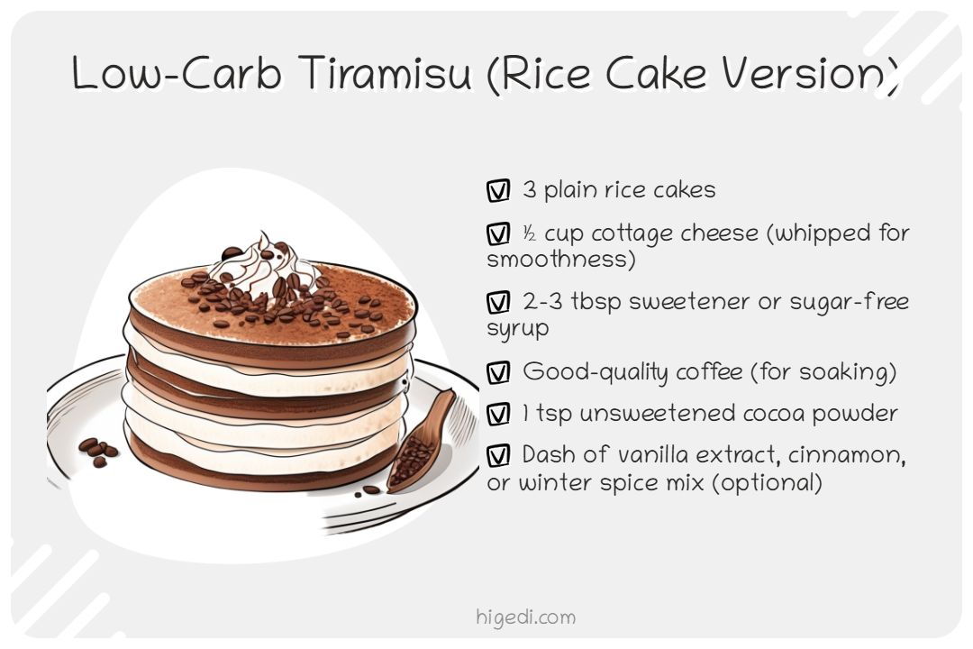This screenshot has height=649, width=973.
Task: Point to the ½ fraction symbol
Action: tap(530, 234)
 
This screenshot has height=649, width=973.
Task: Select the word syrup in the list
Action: tap(517, 329)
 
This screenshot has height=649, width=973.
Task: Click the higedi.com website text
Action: tap(525, 617)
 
